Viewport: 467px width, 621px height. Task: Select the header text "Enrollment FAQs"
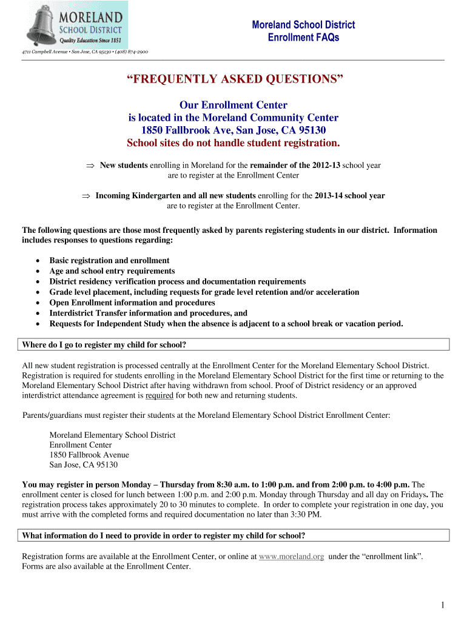(303, 38)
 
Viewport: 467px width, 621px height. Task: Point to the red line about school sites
(233, 143)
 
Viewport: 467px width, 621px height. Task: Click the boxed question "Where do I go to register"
(104, 345)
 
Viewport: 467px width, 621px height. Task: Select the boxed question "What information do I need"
(163, 535)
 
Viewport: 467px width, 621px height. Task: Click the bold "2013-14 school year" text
(349, 196)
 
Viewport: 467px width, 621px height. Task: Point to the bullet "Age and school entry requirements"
(112, 271)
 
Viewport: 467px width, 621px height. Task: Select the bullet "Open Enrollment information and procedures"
(132, 302)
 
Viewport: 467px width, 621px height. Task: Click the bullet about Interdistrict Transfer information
(148, 313)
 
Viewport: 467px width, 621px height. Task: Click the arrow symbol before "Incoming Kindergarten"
(86, 196)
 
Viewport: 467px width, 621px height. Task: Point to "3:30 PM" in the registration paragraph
(307, 515)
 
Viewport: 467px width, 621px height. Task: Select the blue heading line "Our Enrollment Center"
(233, 106)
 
